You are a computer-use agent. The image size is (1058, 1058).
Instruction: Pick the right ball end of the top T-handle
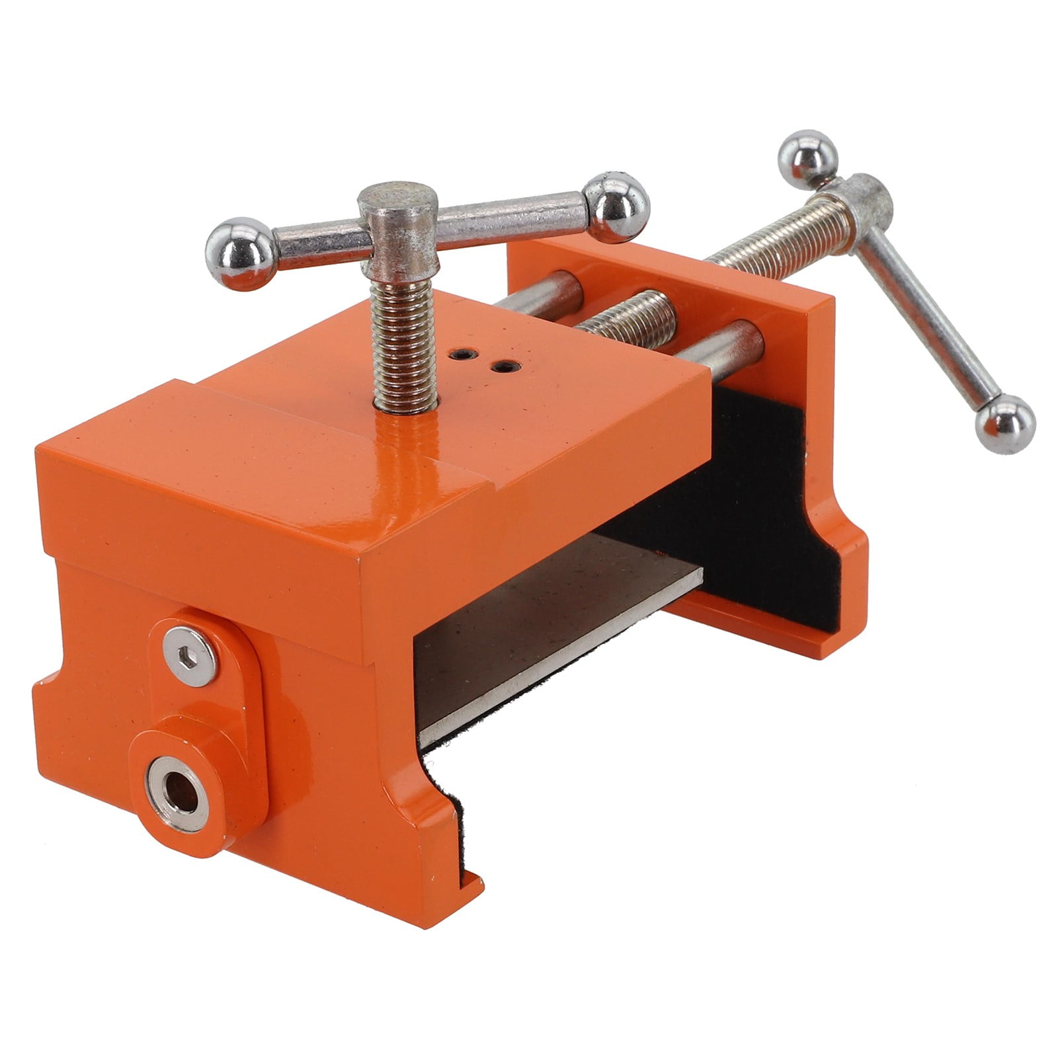click(x=618, y=207)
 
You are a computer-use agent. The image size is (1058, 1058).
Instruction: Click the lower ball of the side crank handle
click(x=1005, y=424)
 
